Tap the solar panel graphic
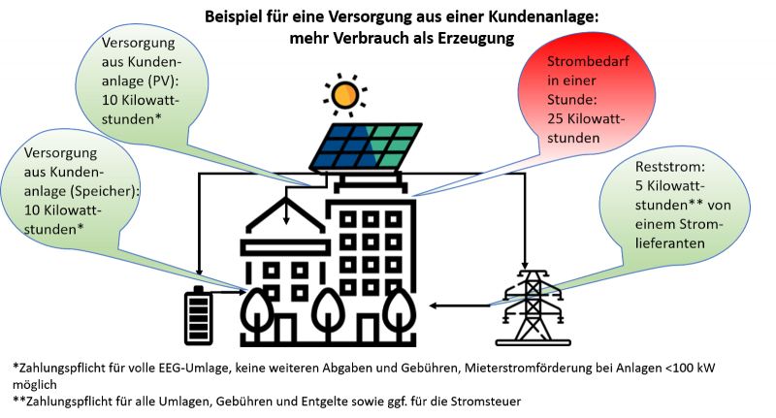tap(366, 146)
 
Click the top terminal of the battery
tap(199, 285)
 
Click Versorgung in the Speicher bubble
tap(56, 154)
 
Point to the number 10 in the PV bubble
tap(110, 101)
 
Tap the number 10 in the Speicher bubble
tap(32, 209)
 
